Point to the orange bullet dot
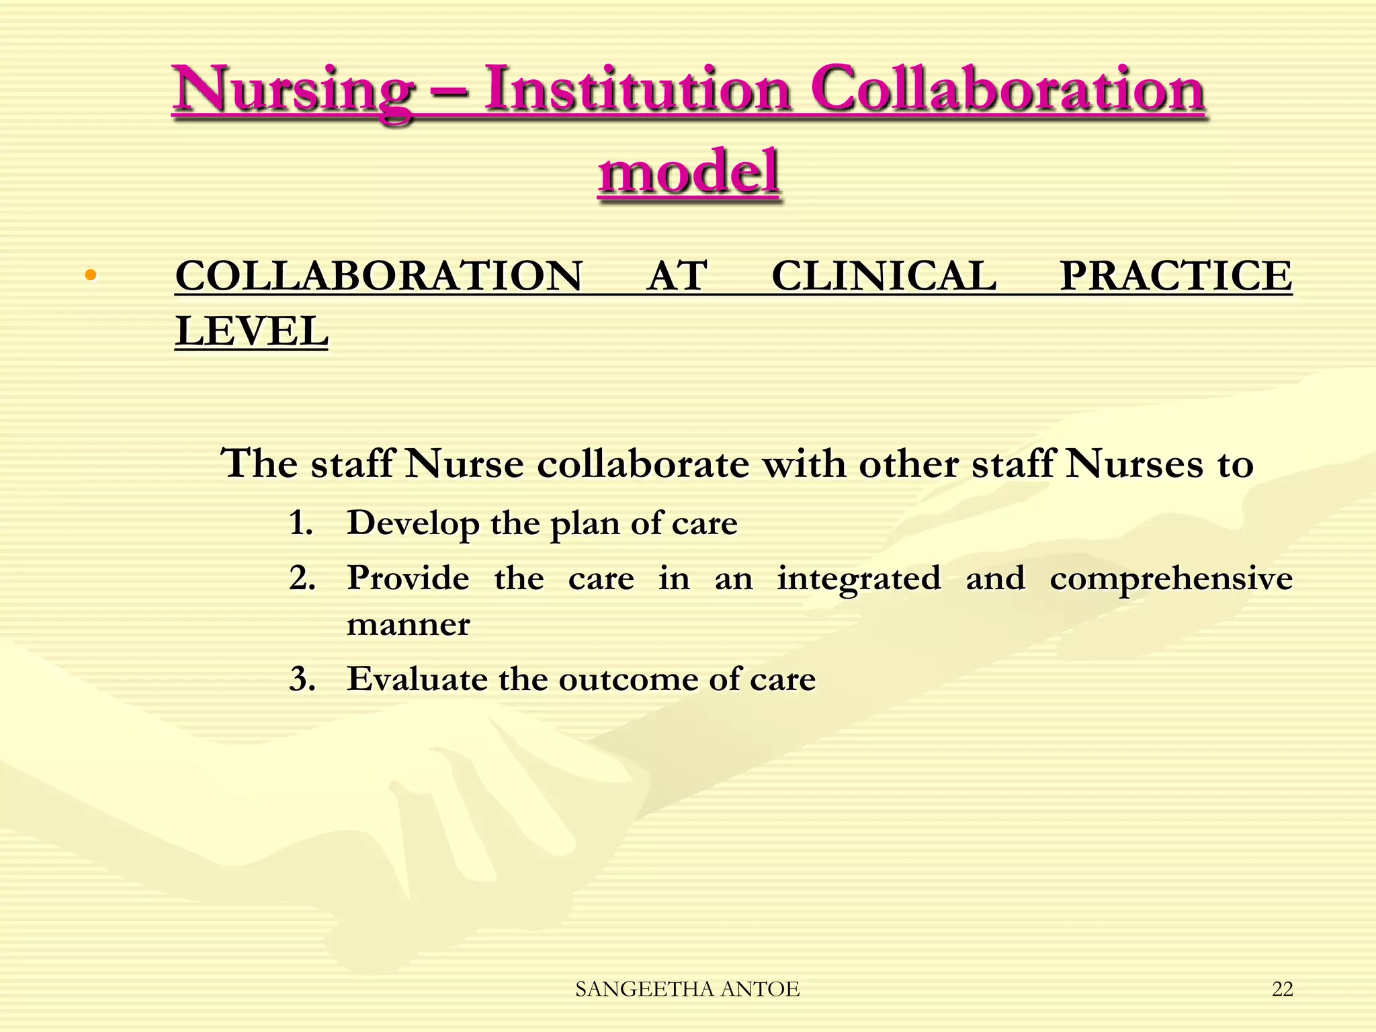(91, 275)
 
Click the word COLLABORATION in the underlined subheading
(378, 276)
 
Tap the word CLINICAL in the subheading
(884, 276)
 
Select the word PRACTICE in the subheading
(1176, 276)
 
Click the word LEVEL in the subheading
(252, 331)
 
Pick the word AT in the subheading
(677, 276)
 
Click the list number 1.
(301, 523)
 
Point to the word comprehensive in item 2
(1171, 579)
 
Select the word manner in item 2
(408, 625)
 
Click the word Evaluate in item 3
(417, 679)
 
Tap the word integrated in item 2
(859, 579)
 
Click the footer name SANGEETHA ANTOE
(687, 989)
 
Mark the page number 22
(1282, 989)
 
